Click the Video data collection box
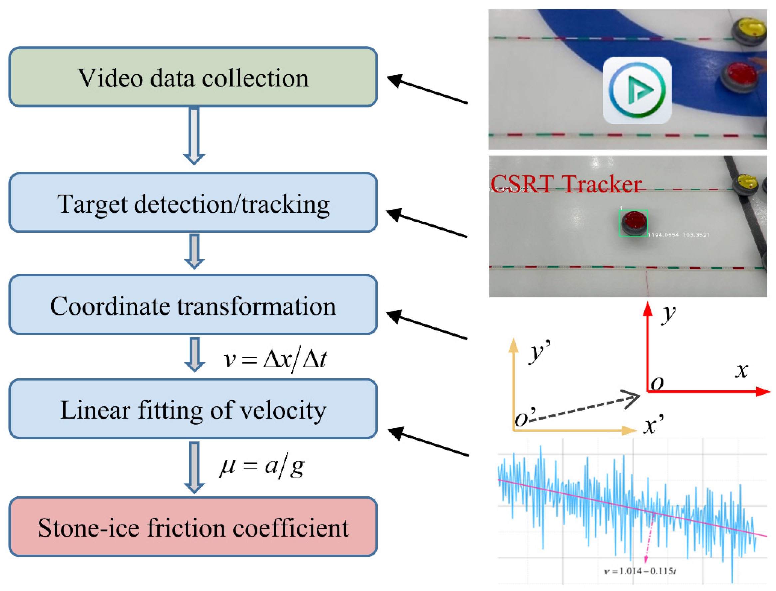[x=193, y=77]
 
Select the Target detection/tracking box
[x=193, y=203]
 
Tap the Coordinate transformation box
[x=193, y=305]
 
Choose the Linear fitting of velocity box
[x=193, y=409]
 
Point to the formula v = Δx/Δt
[x=275, y=360]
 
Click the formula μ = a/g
[x=262, y=467]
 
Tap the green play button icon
[x=637, y=90]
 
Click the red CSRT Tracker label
[x=566, y=184]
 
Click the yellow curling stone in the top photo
[x=750, y=29]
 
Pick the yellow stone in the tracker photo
[x=746, y=183]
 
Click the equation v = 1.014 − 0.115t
[x=640, y=571]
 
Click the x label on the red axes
[x=741, y=371]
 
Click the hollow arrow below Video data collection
[x=194, y=135]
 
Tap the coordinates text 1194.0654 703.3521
[x=678, y=235]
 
